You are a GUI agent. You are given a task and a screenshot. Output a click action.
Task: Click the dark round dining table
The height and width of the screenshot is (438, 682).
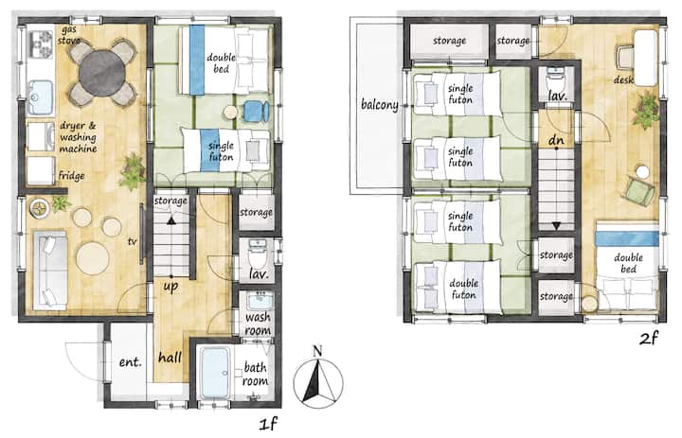tap(102, 73)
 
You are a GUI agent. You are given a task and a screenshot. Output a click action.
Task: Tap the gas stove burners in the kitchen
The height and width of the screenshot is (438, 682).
tap(41, 44)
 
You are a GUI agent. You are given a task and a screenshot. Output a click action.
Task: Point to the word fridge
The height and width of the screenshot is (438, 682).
tap(71, 176)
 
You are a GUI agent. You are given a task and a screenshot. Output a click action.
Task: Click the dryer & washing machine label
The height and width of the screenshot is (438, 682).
tap(78, 137)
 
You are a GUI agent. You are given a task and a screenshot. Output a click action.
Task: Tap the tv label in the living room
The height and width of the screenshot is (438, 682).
tap(133, 241)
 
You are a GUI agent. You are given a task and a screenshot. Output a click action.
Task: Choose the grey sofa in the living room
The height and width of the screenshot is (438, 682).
tap(50, 271)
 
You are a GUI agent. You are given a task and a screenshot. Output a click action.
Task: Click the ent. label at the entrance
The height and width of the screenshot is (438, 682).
tap(130, 361)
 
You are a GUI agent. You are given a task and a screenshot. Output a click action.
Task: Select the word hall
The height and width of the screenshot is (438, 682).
tap(170, 358)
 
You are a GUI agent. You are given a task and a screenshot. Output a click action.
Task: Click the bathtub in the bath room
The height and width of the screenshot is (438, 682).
tap(215, 373)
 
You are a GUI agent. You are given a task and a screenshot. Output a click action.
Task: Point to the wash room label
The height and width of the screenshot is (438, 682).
tap(258, 324)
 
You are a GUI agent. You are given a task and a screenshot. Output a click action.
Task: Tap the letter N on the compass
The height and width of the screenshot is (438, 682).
tap(317, 350)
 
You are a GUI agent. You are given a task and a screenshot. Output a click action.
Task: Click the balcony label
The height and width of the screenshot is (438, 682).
tap(379, 105)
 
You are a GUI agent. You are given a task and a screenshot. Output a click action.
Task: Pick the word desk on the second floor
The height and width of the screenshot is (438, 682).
tap(623, 79)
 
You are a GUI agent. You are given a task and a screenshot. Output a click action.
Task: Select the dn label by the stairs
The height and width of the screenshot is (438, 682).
tap(556, 139)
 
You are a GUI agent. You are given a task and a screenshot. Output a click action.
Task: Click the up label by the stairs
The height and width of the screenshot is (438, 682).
tap(170, 287)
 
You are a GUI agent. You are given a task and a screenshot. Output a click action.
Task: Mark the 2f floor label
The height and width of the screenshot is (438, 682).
tap(649, 337)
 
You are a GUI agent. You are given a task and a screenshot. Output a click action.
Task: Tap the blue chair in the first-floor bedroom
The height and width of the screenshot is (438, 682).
tap(256, 112)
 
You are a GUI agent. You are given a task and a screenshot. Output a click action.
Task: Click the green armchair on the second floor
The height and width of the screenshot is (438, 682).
tap(639, 191)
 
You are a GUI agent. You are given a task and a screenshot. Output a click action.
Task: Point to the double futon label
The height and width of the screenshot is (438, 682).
tap(463, 289)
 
